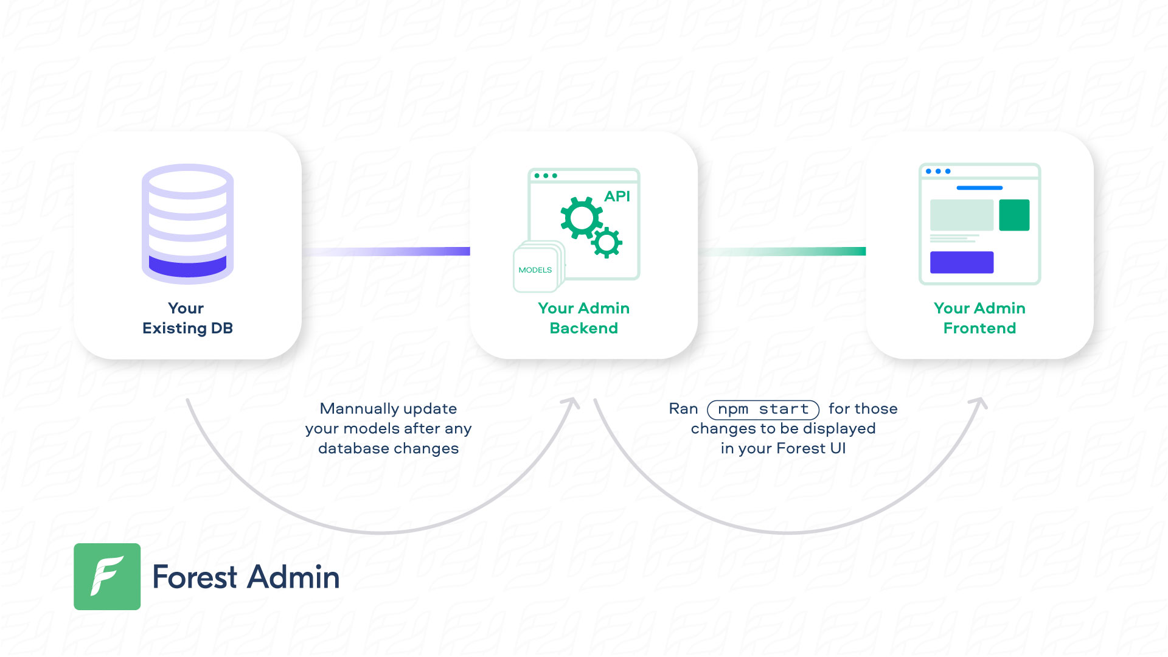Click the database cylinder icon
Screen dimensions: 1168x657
(187, 224)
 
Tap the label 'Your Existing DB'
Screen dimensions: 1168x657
(187, 318)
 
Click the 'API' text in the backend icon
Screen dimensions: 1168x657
(617, 196)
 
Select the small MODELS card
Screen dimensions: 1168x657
(535, 270)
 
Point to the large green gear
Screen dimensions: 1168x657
(581, 218)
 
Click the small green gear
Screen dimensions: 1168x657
(607, 243)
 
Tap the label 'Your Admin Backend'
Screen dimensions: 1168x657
(584, 318)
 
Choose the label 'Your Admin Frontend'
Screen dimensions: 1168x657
(979, 318)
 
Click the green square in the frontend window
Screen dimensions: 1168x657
(1014, 215)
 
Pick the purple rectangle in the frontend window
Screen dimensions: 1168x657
(962, 262)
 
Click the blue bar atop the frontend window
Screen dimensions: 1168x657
(979, 188)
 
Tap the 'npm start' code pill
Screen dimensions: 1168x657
(763, 409)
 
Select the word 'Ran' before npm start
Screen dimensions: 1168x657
(683, 409)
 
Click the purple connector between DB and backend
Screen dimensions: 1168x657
(386, 251)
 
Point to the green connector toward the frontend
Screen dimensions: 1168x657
(782, 251)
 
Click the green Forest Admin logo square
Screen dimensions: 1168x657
(107, 577)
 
